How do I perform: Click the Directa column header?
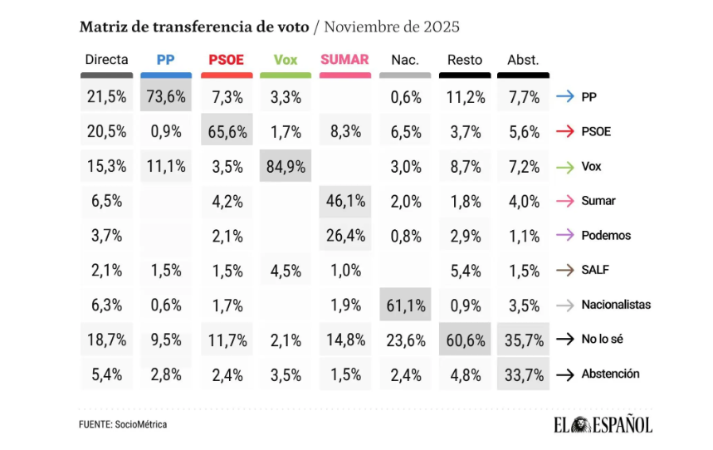[106, 60]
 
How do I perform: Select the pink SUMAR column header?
[344, 60]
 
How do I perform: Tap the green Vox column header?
[285, 60]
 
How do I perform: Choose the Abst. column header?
[523, 60]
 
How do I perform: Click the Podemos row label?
[605, 235]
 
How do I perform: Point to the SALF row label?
[596, 270]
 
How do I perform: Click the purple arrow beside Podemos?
[565, 235]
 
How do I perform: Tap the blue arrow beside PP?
[565, 96]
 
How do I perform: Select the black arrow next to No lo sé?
[565, 339]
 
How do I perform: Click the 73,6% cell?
[166, 96]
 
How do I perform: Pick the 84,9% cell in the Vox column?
[285, 166]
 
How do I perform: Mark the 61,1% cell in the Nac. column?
[405, 305]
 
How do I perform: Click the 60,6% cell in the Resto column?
[464, 339]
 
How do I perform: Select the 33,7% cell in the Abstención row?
[523, 374]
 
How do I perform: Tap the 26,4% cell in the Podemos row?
[345, 235]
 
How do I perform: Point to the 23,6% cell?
[405, 339]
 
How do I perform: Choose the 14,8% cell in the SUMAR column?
[345, 339]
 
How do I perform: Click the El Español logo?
[603, 424]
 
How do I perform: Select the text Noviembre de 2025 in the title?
[392, 26]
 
